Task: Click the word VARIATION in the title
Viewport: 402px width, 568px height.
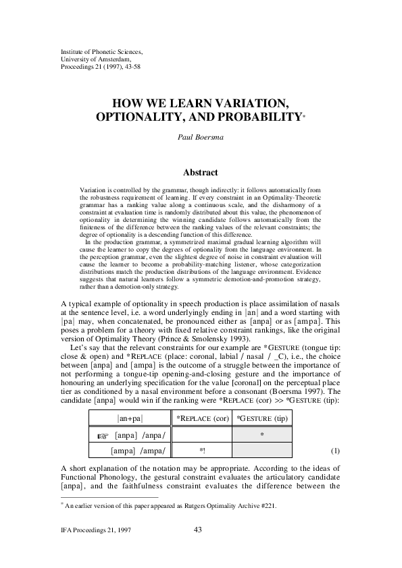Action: click(238, 103)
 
